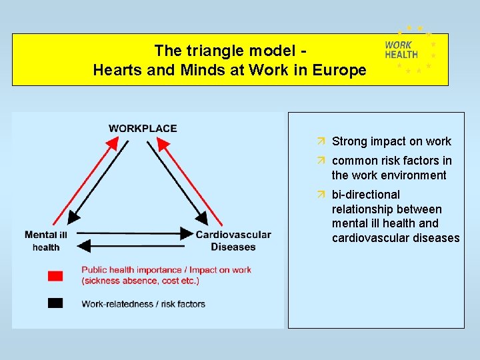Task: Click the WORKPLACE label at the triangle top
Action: point(143,128)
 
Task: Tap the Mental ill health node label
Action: point(46,241)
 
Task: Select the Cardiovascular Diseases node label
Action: point(233,241)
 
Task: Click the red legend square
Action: point(55,275)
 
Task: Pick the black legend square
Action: point(55,303)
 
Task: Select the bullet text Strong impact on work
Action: point(391,141)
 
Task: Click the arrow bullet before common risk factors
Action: point(321,161)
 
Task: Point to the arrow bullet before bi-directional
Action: point(321,195)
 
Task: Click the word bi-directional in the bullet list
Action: point(366,195)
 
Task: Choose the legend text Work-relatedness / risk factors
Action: point(143,304)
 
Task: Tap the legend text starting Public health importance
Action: point(166,275)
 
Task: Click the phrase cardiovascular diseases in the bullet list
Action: point(395,238)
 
